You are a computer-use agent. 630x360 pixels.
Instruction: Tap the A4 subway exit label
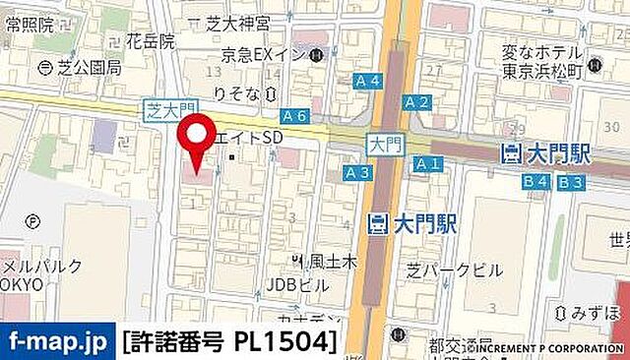click(368, 82)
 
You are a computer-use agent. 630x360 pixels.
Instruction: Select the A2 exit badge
click(417, 101)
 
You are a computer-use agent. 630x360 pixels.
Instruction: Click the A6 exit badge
click(293, 115)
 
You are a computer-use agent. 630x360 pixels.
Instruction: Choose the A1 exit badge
click(427, 164)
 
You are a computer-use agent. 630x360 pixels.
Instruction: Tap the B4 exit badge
click(535, 181)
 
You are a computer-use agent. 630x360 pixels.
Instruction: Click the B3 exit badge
click(570, 181)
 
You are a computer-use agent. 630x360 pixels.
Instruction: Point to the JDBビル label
click(298, 285)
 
